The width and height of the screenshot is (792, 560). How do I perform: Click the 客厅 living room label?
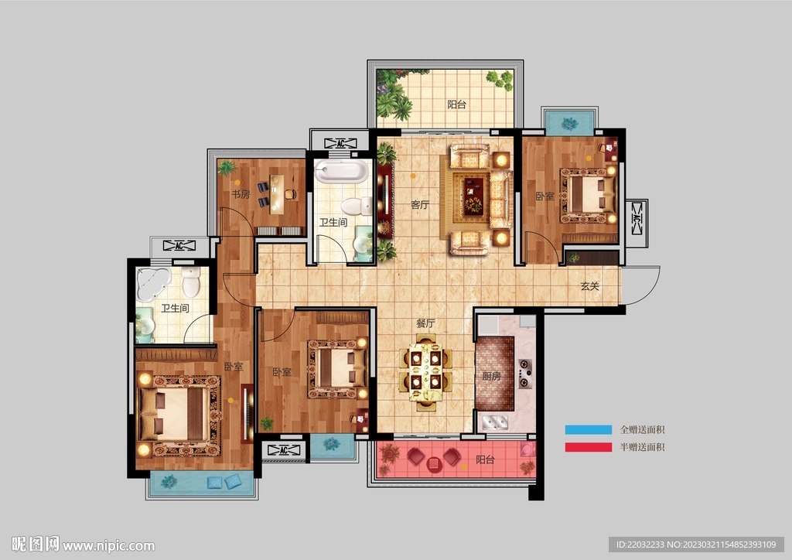point(420,204)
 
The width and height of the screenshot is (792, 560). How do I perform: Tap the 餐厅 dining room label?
point(425,323)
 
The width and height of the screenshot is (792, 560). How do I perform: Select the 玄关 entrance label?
point(589,286)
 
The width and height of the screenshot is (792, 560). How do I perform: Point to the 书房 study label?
point(241,194)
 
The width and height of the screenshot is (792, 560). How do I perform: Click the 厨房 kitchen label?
point(491,376)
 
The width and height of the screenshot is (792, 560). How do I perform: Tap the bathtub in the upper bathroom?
point(342,171)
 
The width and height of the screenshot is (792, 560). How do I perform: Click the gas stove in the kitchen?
point(525,373)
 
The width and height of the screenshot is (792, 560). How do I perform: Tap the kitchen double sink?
point(494,422)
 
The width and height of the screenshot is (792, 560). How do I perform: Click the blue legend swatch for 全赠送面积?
point(588,430)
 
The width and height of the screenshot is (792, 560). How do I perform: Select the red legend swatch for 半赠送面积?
point(588,447)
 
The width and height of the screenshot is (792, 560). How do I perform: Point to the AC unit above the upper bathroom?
point(340,143)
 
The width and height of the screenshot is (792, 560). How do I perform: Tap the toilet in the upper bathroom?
point(357,206)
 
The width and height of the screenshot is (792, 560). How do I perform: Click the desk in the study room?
point(276,194)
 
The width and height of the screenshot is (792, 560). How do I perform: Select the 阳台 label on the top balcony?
point(456,104)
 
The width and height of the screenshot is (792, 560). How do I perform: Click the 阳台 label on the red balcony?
point(485,459)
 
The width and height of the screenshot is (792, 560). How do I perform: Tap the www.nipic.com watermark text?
point(108,545)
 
